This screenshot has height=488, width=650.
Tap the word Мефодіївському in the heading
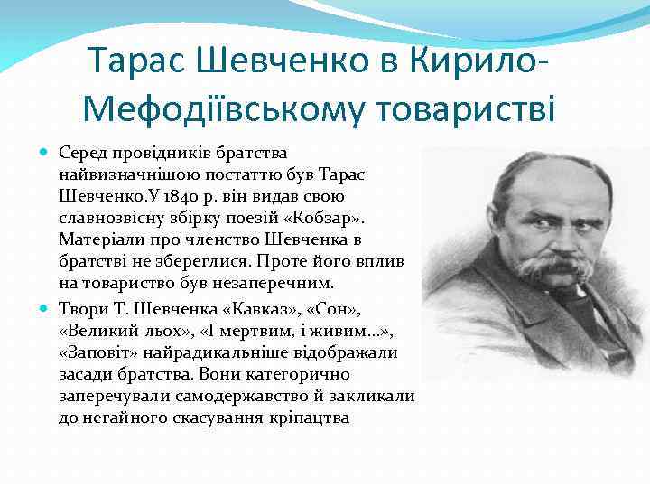tap(219, 109)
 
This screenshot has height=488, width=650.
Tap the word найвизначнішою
tap(117, 173)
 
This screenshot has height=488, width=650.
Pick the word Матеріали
tap(97, 239)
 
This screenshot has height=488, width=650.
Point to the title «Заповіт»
tap(98, 352)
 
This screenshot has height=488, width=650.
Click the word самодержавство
tap(271, 396)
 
